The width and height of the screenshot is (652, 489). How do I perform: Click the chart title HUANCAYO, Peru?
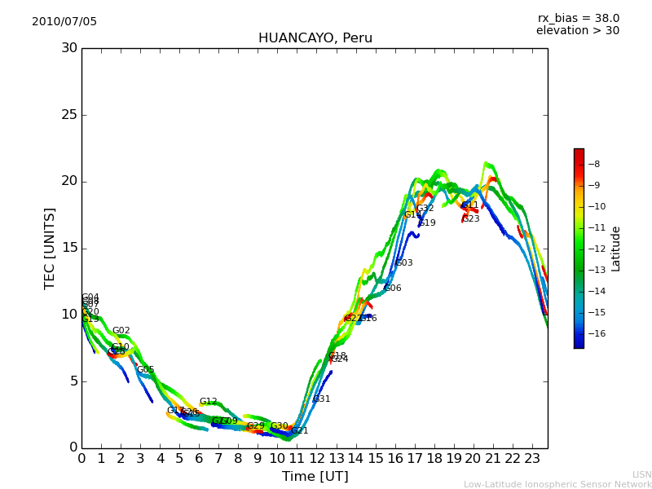pos(315,38)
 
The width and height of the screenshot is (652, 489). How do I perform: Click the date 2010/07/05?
pos(64,22)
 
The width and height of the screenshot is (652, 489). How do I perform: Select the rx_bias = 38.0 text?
pos(578,19)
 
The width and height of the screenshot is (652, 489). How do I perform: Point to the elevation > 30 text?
pos(577,31)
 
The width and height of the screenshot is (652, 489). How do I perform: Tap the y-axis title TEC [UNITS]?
pos(50,248)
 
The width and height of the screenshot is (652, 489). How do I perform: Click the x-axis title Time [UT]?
pos(315,477)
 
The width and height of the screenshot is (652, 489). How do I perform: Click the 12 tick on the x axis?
pos(316,459)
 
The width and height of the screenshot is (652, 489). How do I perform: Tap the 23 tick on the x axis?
pos(532,459)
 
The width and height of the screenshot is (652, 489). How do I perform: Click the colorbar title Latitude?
pos(616,248)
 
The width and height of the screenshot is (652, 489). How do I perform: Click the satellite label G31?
pos(321,399)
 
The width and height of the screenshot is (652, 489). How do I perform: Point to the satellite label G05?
pos(145,370)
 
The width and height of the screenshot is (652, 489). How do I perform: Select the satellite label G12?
pos(208,402)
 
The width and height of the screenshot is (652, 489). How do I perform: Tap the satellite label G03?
pos(403,263)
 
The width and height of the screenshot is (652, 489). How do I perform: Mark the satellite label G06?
pos(392,289)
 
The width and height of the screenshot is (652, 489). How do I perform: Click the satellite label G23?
pos(470,219)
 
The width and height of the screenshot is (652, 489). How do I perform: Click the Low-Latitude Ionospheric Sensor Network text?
pos(557,485)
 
